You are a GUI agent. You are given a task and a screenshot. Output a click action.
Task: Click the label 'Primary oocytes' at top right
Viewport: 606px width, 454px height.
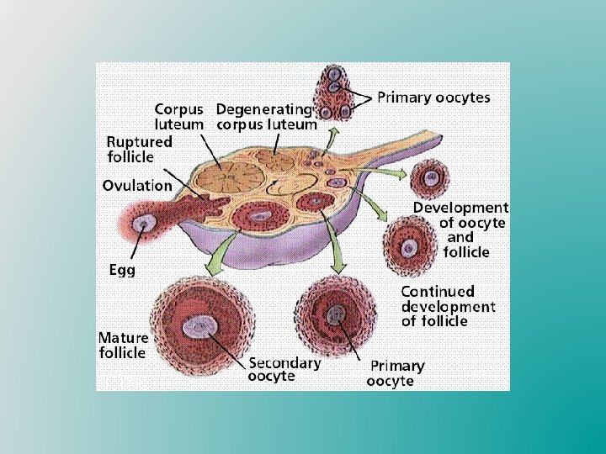(433, 98)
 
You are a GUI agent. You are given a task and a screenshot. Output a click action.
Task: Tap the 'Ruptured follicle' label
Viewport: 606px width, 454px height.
(140, 149)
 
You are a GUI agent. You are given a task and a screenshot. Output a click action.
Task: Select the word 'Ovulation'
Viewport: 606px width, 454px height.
(137, 185)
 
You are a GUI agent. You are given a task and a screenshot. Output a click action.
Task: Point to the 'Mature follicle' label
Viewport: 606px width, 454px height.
(122, 345)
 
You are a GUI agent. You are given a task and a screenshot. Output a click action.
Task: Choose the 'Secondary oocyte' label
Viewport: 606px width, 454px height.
(284, 370)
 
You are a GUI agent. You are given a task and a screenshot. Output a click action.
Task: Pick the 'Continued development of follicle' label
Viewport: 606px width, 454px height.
(447, 306)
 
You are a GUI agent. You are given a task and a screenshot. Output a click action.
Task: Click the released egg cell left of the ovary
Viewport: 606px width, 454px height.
(148, 224)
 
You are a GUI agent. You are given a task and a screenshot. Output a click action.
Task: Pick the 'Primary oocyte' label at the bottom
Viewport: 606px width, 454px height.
(396, 373)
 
